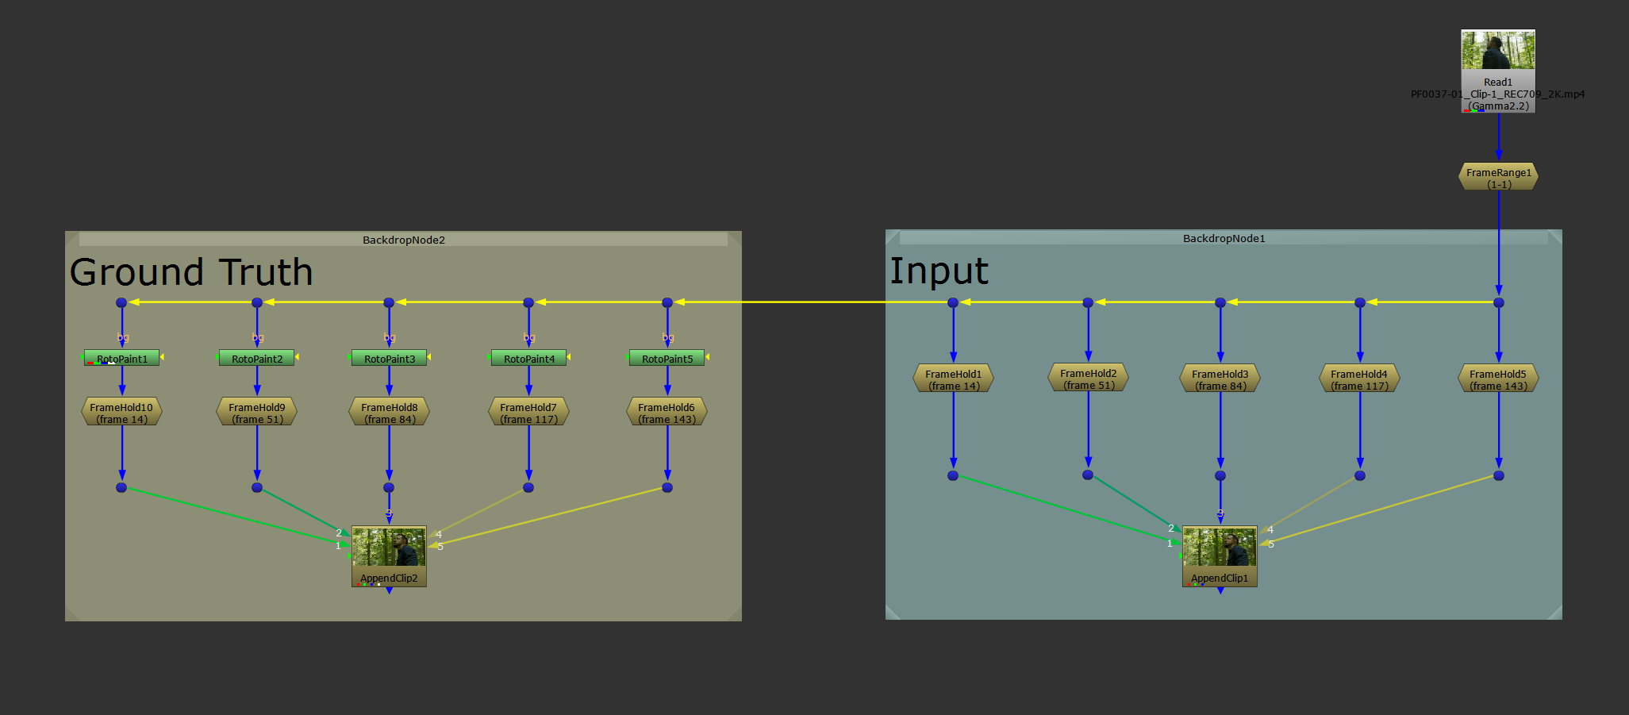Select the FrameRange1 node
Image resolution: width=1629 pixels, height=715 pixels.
[x=1498, y=177]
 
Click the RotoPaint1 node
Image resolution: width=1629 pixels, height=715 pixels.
[x=122, y=359]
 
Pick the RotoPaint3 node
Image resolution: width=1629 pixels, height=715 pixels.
[x=390, y=359]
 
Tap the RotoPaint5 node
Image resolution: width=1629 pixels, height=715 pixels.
[x=667, y=359]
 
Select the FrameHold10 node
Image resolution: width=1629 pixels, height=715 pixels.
[x=121, y=413]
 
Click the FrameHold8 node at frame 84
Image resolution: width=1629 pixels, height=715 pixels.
[x=390, y=413]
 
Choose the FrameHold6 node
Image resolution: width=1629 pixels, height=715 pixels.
[x=667, y=413]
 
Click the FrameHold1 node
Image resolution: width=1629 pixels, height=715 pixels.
[x=954, y=379]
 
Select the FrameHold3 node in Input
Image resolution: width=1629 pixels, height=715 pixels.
[x=1220, y=379]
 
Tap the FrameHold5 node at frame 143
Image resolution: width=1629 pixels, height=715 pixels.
[x=1498, y=379]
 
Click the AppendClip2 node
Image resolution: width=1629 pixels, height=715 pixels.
[x=389, y=555]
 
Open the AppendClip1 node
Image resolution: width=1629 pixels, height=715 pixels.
[x=1220, y=555]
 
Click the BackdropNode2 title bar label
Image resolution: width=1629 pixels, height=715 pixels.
[x=404, y=240]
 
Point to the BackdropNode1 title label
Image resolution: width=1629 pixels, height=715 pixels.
[x=1224, y=238]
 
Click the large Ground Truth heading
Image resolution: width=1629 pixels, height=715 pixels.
[x=191, y=272]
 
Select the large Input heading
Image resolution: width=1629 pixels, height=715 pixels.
[x=939, y=271]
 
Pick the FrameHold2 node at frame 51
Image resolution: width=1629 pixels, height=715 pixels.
[x=1089, y=379]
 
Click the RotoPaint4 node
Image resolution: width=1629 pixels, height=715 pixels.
[x=529, y=359]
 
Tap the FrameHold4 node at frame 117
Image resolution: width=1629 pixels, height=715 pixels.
[x=1359, y=379]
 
